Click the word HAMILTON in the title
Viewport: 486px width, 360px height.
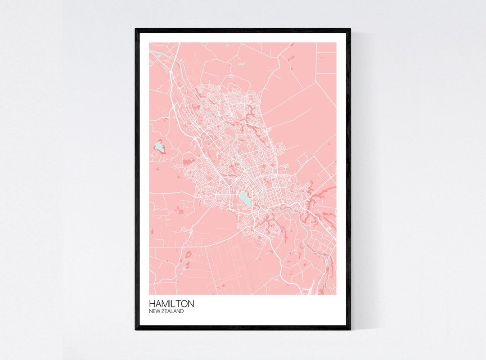pyautogui.click(x=171, y=304)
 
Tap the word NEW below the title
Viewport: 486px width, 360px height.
pyautogui.click(x=155, y=311)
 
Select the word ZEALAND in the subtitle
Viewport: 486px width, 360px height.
pyautogui.click(x=173, y=311)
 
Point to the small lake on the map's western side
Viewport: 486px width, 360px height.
pyautogui.click(x=158, y=146)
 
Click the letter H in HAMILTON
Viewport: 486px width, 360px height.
pyautogui.click(x=152, y=304)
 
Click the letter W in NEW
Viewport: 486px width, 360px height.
pyautogui.click(x=159, y=311)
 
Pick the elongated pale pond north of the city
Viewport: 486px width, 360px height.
pyautogui.click(x=241, y=64)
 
